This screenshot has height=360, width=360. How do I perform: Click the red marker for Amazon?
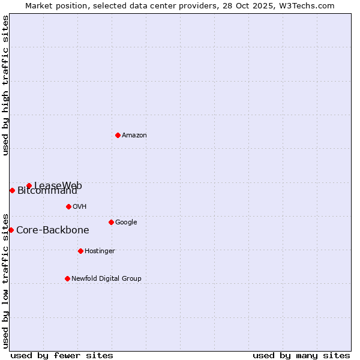click(x=118, y=135)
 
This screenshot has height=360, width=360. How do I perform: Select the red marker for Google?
click(x=111, y=222)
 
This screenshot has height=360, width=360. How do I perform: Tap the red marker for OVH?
click(x=68, y=206)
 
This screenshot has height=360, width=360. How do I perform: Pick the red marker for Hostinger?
click(x=80, y=251)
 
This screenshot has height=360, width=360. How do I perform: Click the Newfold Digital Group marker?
click(x=67, y=278)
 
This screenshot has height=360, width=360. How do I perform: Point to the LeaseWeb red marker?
click(x=29, y=185)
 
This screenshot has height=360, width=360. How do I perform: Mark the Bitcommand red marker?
click(x=12, y=190)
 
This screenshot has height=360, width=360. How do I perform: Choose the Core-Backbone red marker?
click(x=11, y=230)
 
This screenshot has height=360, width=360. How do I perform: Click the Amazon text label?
click(x=134, y=135)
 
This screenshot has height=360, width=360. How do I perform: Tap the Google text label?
click(x=126, y=222)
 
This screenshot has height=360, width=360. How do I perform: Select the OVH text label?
click(x=80, y=206)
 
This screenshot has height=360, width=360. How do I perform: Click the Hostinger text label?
click(x=100, y=251)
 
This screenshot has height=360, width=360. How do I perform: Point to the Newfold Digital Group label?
click(x=106, y=278)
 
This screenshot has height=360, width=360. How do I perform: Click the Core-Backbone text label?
click(x=53, y=230)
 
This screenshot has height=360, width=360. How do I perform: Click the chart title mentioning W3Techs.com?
click(x=180, y=5)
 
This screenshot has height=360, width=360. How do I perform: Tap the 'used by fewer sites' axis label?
click(x=62, y=355)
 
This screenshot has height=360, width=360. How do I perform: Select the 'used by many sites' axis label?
click(x=301, y=355)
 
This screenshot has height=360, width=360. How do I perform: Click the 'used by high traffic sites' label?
click(x=5, y=85)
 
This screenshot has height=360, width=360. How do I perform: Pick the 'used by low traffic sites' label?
click(x=5, y=280)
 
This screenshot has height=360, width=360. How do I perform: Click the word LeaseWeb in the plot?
click(x=58, y=185)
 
